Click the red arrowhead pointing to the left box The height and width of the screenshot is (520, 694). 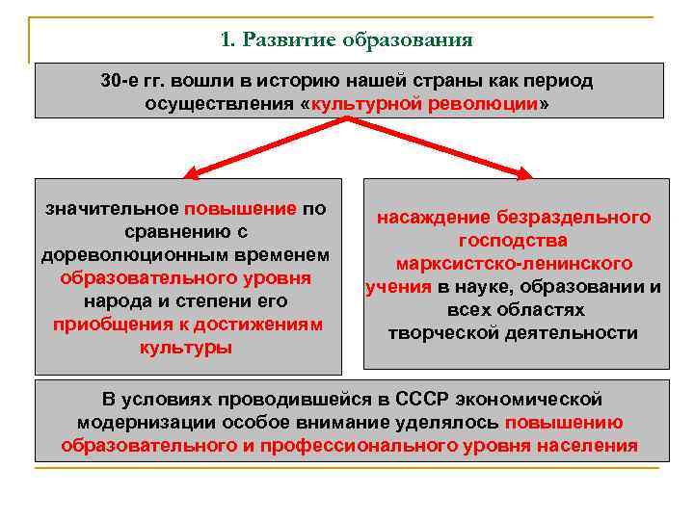pyautogui.click(x=190, y=174)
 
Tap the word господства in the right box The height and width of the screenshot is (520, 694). pyautogui.click(x=514, y=241)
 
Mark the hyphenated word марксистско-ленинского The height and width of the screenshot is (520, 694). pyautogui.click(x=514, y=264)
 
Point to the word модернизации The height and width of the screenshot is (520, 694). pyautogui.click(x=147, y=422)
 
